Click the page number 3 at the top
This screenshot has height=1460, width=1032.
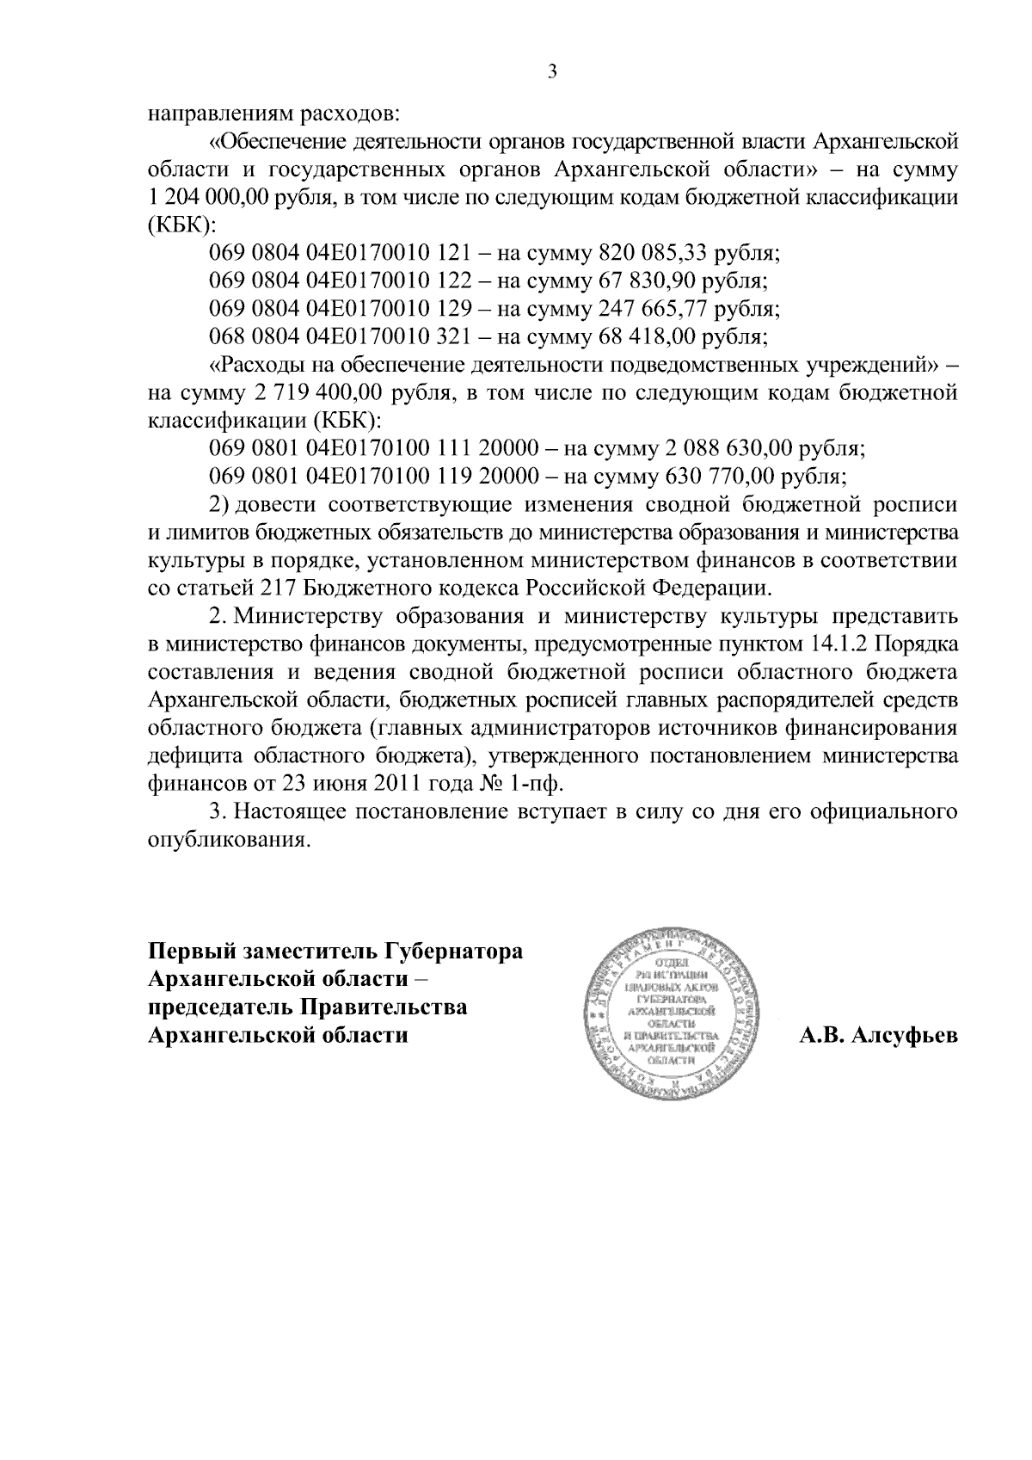pyautogui.click(x=553, y=72)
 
